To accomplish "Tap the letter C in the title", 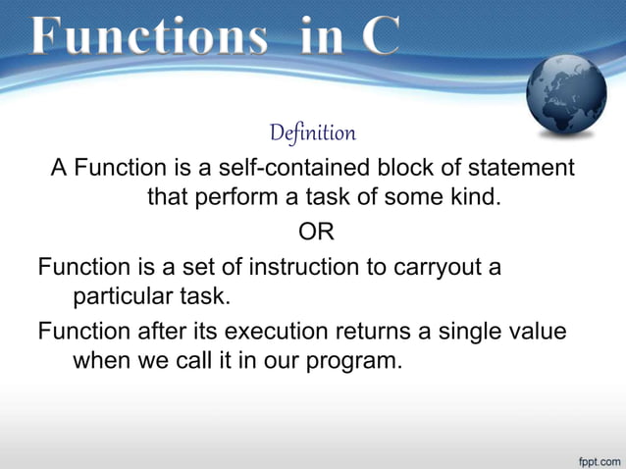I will coord(379,37).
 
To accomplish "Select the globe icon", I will coord(568,98).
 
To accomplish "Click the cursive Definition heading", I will coord(312,132).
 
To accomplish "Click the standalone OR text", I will coord(314,233).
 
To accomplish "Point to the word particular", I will coord(119,296).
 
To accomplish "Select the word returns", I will coord(408,331).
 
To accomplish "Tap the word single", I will coord(486,331).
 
